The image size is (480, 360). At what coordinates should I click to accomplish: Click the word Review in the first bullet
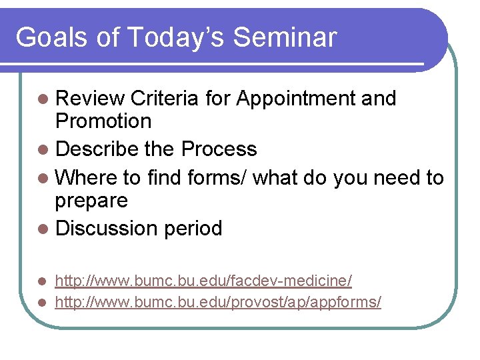(x=90, y=99)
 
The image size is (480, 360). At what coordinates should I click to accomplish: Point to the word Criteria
(x=165, y=99)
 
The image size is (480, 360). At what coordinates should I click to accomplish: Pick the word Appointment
(x=296, y=99)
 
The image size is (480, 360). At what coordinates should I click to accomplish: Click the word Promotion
(x=103, y=121)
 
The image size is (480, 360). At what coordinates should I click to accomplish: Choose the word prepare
(x=91, y=201)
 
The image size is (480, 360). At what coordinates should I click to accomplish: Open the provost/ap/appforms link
(x=218, y=303)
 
